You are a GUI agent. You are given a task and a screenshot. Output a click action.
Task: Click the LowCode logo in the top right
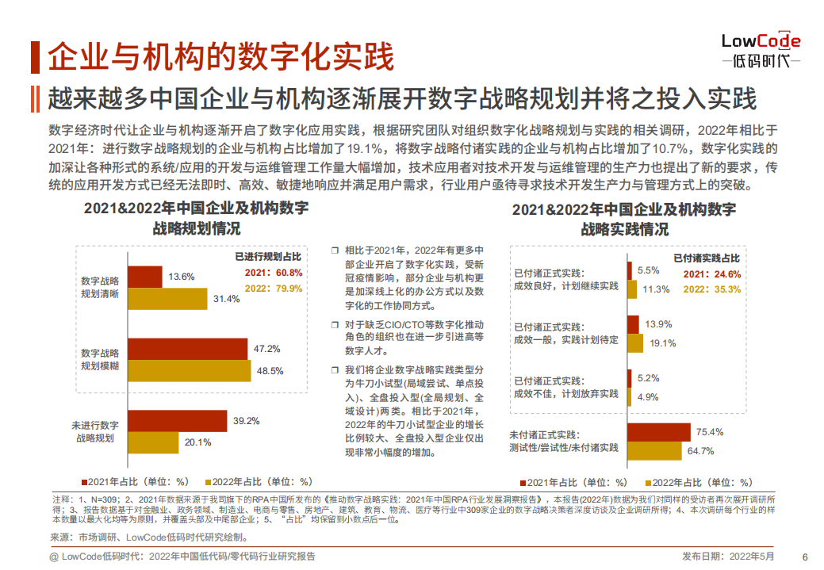click(x=760, y=50)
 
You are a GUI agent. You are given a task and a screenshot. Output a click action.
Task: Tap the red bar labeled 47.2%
click(x=187, y=348)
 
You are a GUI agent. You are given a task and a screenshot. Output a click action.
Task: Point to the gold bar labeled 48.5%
click(x=189, y=370)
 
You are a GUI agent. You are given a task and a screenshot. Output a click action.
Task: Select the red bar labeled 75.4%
click(x=658, y=432)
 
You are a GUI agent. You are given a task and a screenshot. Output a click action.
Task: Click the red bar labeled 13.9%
click(x=633, y=324)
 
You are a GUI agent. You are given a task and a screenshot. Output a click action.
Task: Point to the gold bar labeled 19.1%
click(x=635, y=343)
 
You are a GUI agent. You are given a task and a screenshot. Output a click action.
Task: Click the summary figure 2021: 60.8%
click(x=274, y=273)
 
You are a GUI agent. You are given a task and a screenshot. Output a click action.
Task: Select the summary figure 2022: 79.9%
click(x=274, y=289)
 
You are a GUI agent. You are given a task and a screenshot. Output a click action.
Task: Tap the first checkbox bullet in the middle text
click(x=335, y=250)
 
